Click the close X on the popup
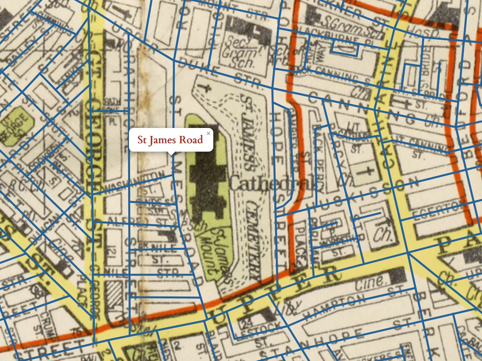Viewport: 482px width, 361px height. [208, 133]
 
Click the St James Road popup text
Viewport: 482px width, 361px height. [170, 140]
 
